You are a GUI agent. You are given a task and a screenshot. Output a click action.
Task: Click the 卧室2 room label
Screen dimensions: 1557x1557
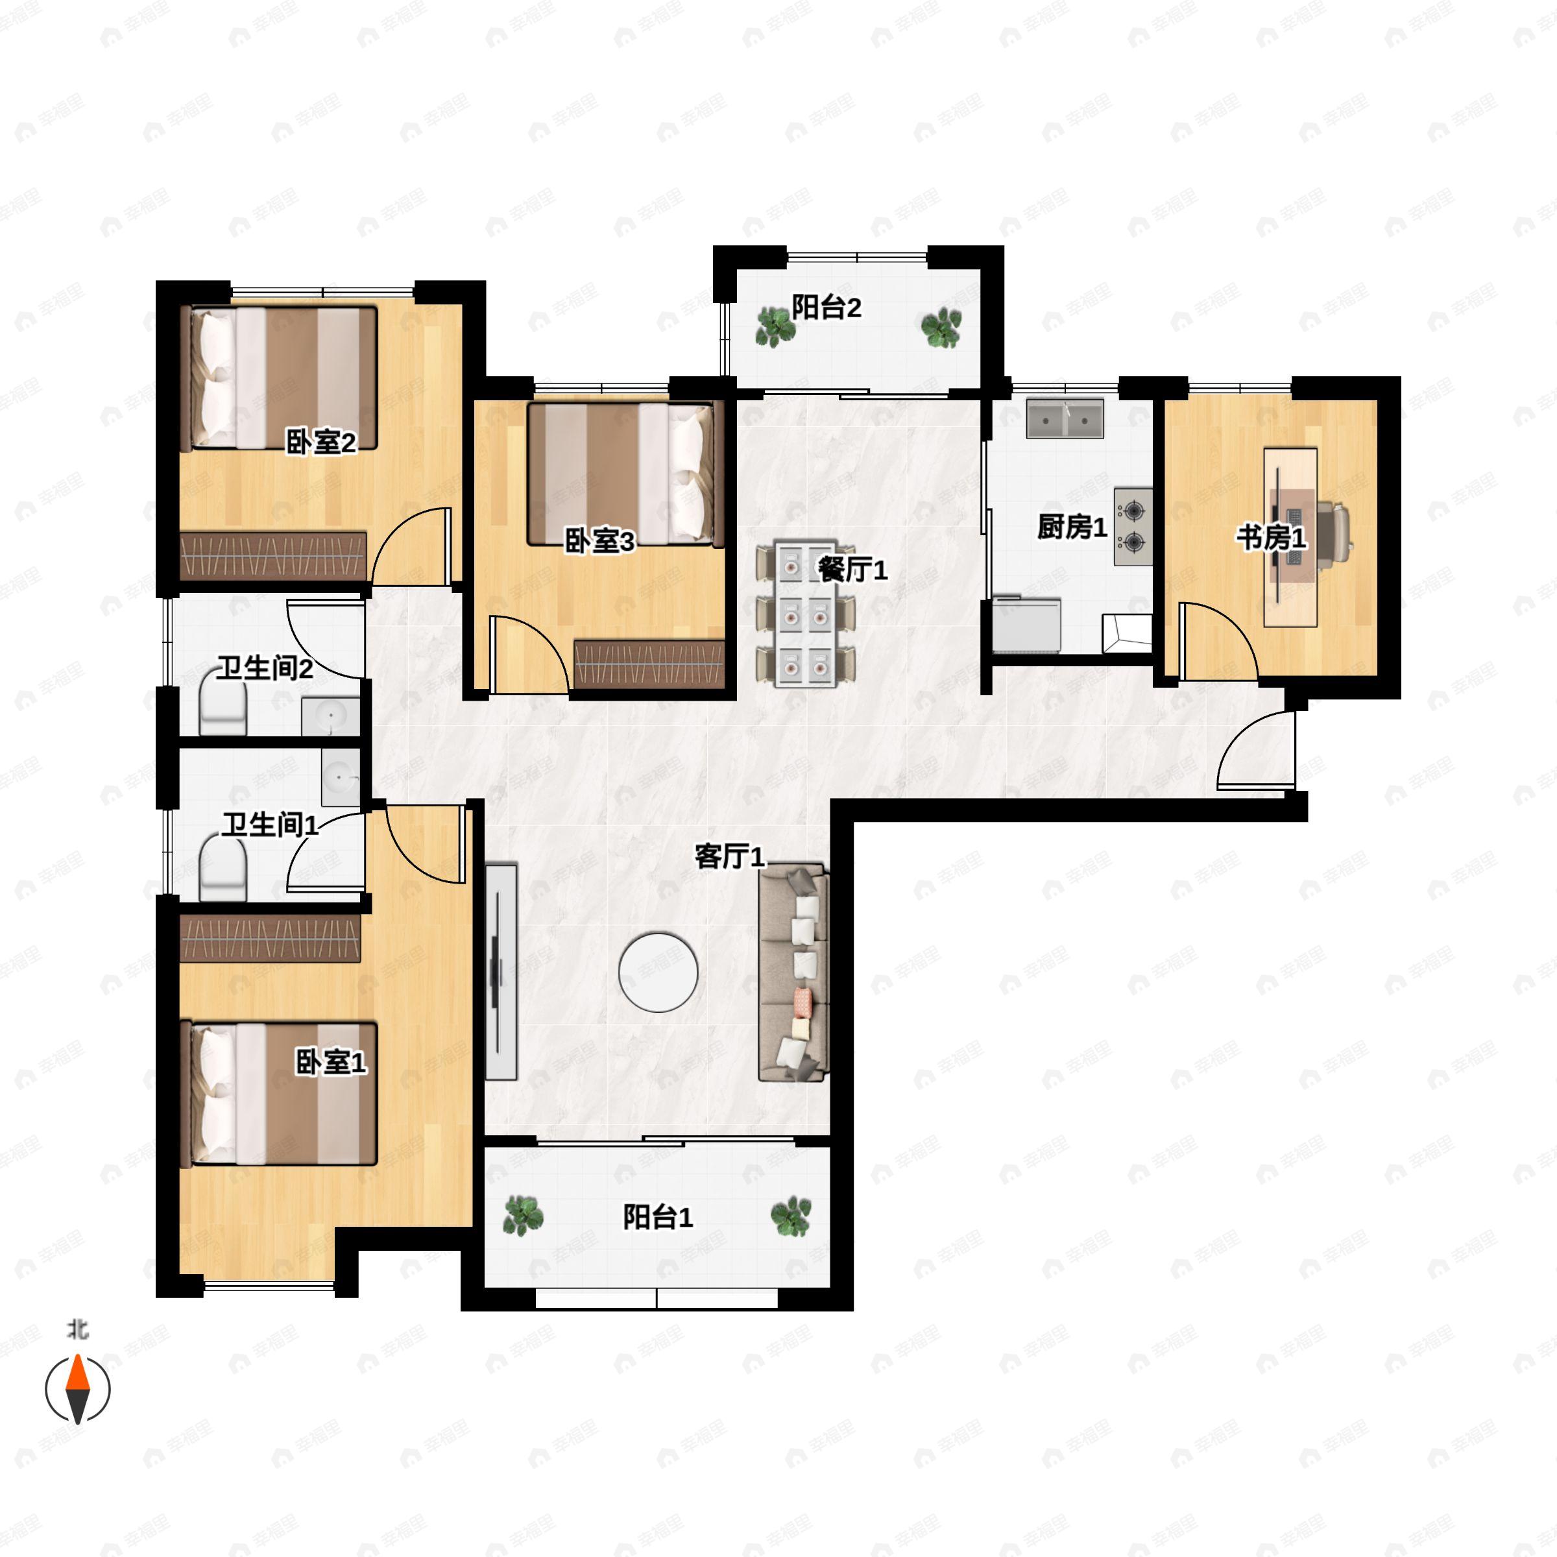click(320, 442)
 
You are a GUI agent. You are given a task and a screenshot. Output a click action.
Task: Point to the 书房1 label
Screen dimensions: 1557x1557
click(1272, 538)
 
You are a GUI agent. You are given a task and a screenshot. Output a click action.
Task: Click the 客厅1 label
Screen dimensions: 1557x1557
click(729, 856)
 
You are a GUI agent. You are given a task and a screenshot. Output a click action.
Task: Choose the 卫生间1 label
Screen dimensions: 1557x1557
click(270, 825)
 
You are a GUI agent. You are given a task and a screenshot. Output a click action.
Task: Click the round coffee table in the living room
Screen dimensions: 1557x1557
click(658, 972)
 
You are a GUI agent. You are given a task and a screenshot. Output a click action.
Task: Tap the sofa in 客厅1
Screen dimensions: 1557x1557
click(794, 972)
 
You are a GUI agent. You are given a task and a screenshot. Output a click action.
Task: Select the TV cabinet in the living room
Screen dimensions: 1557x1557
click(501, 971)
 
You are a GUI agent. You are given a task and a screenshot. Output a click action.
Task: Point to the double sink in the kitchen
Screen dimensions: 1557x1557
click(1065, 418)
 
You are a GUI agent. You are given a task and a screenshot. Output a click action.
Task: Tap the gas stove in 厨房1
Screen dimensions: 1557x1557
click(1133, 525)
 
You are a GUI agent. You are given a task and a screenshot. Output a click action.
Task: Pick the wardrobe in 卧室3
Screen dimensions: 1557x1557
click(649, 664)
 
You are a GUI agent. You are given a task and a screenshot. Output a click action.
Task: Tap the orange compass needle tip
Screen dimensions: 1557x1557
click(77, 1355)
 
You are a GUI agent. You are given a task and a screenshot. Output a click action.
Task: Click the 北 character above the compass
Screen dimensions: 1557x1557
click(77, 1329)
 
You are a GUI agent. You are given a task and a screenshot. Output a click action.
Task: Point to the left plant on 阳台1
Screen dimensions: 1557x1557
click(522, 1214)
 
